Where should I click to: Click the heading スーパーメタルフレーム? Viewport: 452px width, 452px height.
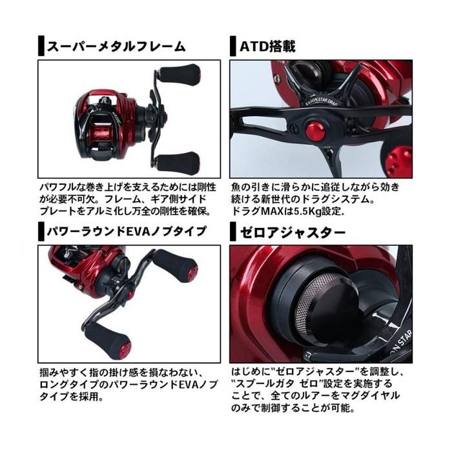pyautogui.click(x=116, y=46)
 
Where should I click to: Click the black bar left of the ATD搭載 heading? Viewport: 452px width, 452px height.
pyautogui.click(x=233, y=46)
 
